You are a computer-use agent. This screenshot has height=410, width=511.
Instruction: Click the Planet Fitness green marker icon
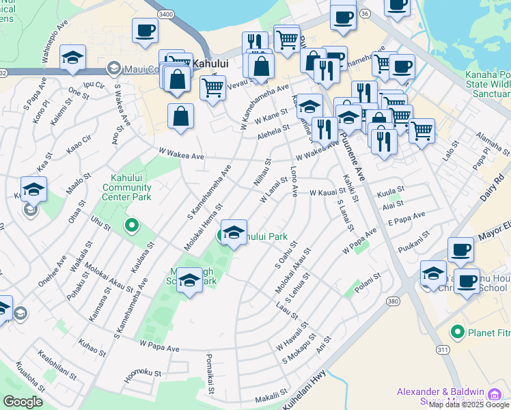click(x=457, y=333)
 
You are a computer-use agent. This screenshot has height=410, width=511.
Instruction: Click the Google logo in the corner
click(x=23, y=401)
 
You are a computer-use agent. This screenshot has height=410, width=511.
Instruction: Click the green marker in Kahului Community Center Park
click(x=131, y=224)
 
